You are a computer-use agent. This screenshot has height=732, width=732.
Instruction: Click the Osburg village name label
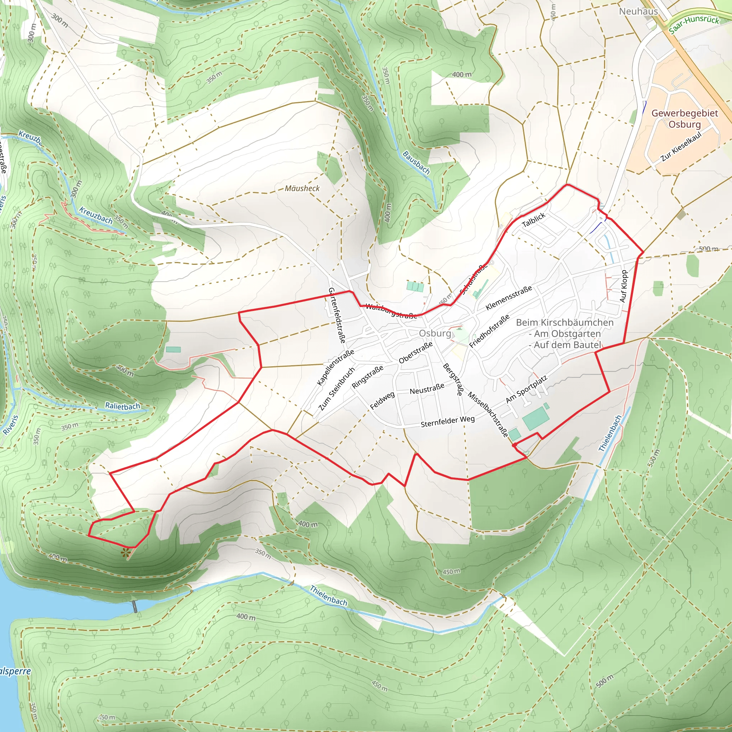point(435,333)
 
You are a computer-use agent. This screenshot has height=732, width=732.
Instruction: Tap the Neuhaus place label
point(638,11)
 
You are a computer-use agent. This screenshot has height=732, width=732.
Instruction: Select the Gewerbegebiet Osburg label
point(684,119)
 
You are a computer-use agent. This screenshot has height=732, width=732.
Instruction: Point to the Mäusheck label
point(302,188)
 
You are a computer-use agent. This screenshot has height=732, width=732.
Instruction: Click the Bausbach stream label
point(416,163)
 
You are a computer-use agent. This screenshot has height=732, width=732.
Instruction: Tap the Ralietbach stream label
point(122,406)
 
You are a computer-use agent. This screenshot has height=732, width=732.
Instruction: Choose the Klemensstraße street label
point(509,298)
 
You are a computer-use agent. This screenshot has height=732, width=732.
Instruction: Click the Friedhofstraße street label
point(489,331)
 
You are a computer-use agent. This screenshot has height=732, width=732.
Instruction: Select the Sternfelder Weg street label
point(447,421)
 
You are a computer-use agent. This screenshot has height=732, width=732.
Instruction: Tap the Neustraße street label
point(427,389)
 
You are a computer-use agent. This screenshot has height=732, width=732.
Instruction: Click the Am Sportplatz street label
point(526,390)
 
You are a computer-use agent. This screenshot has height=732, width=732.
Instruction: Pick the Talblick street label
point(534,220)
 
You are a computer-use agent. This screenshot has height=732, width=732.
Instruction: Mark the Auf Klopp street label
point(624,286)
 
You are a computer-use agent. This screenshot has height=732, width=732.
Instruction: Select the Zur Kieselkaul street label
point(681,147)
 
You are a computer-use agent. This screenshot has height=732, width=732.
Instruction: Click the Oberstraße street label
point(416,353)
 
